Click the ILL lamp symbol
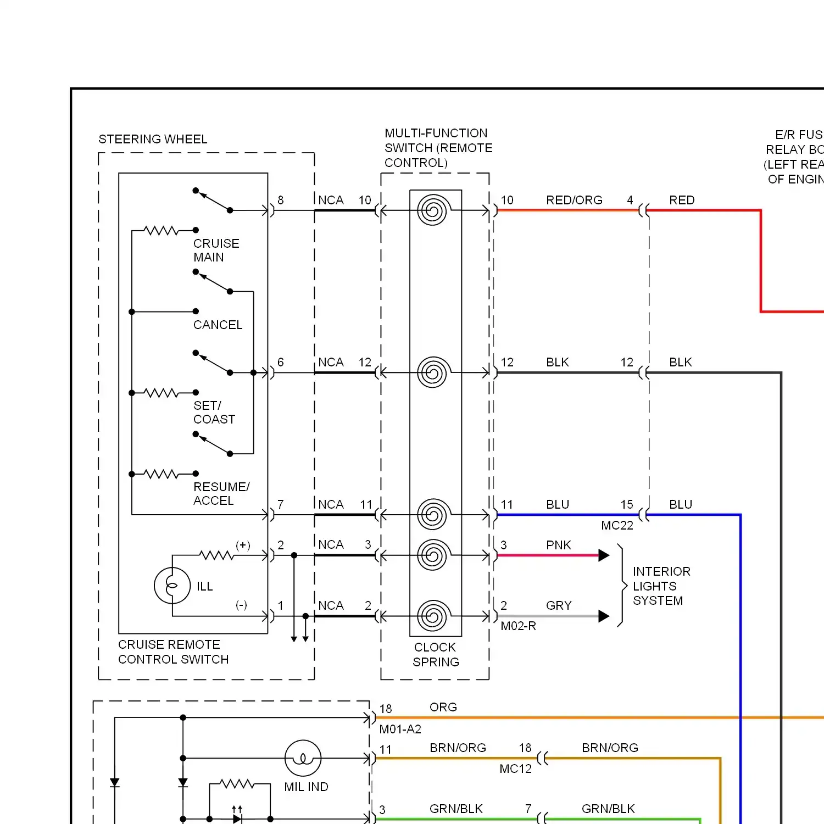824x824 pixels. point(172,586)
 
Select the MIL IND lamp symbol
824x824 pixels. point(303,759)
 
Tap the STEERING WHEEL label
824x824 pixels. point(153,140)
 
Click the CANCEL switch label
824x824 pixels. point(218,325)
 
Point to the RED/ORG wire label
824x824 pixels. point(574,201)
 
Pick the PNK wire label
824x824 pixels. point(558,545)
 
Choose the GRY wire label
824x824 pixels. point(559,605)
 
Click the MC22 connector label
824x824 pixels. point(617,526)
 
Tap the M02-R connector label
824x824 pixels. point(518,626)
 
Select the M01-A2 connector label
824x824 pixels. point(400,730)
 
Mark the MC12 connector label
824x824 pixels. point(515,769)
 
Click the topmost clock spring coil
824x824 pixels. point(433,210)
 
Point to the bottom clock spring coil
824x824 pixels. point(433,616)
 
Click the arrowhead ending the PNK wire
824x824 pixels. point(604,555)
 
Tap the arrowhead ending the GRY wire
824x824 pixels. point(604,616)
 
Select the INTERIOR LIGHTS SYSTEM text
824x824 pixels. point(661,586)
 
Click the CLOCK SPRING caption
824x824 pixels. point(435,655)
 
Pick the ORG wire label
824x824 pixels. point(443,708)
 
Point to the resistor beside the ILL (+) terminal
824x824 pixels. point(216,555)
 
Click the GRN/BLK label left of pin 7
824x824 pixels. point(456,809)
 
